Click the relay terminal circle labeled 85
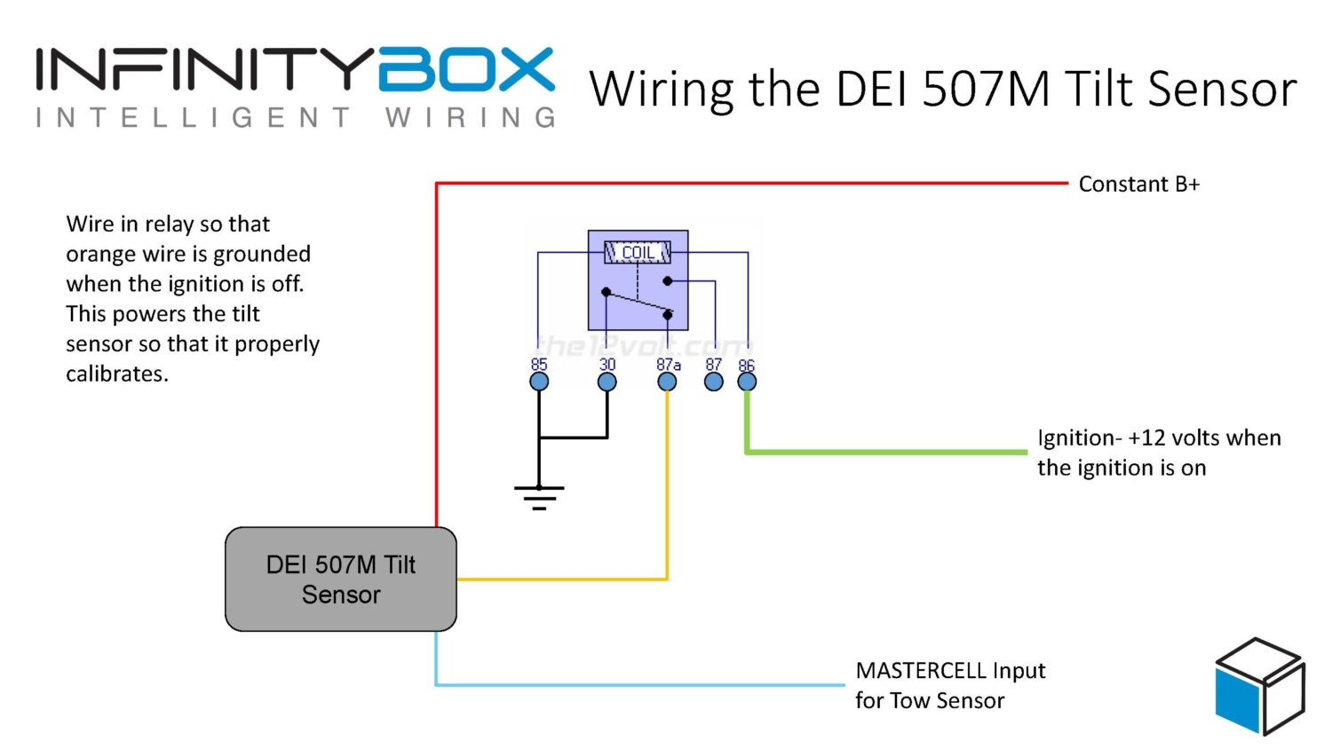539,382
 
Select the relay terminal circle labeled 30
607,382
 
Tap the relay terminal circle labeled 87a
667,382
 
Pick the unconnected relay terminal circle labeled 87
714,382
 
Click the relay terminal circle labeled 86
747,382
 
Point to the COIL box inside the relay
638,253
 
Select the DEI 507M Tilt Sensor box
341,579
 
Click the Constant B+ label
1138,185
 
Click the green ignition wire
888,452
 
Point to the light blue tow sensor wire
639,684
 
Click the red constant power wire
755,184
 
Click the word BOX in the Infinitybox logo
466,70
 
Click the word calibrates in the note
116,374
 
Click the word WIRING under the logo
470,118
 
